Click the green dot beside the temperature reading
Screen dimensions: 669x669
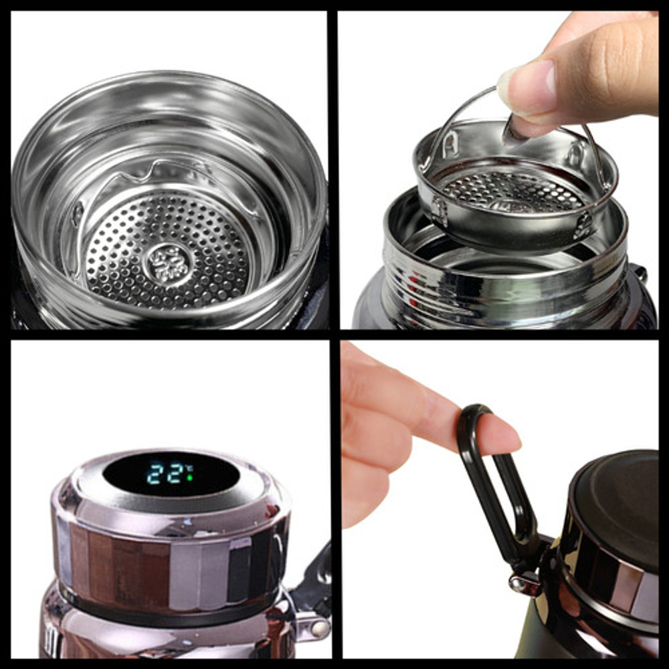(x=189, y=478)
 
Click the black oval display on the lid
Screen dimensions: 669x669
(x=171, y=474)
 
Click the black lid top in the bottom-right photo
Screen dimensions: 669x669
(x=619, y=490)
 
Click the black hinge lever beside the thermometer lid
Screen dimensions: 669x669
(x=316, y=576)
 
